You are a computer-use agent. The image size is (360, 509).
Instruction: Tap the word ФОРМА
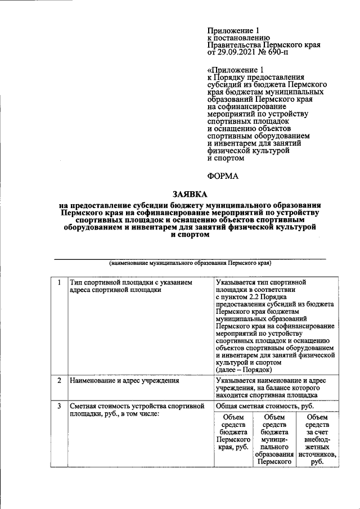pyautogui.click(x=223, y=175)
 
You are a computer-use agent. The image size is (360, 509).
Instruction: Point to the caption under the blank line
pyautogui.click(x=190, y=263)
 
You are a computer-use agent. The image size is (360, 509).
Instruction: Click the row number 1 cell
pyautogui.click(x=58, y=282)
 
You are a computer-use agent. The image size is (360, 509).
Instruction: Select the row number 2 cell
pyautogui.click(x=58, y=381)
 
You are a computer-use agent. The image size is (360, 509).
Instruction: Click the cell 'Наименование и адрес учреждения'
pyautogui.click(x=124, y=381)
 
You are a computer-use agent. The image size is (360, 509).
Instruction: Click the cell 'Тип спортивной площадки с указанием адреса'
pyautogui.click(x=130, y=286)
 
